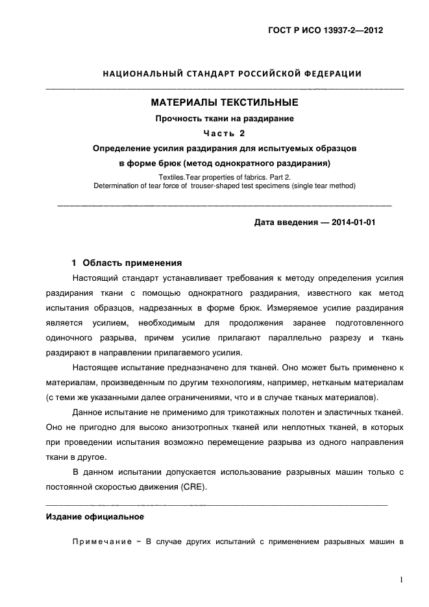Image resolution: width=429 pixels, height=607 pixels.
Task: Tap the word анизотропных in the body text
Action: point(182,428)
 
